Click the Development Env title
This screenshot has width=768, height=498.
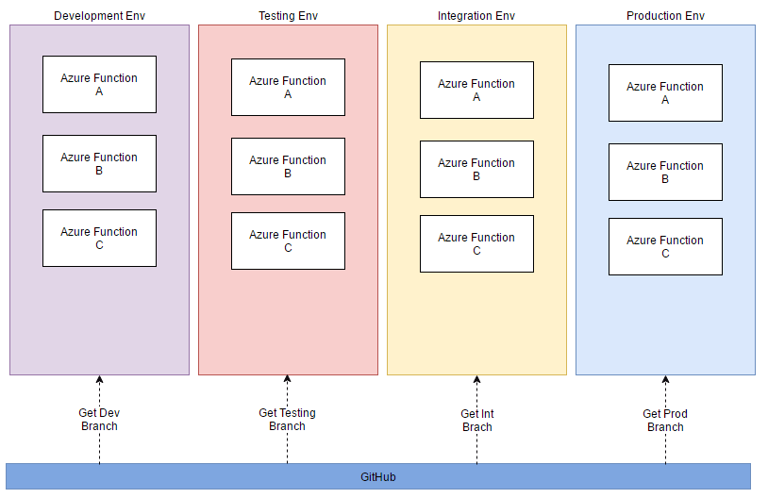point(99,16)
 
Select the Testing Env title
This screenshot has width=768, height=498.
point(288,16)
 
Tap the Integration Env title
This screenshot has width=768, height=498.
point(476,16)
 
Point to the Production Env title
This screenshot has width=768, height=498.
point(665,16)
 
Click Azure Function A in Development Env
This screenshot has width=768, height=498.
point(99,85)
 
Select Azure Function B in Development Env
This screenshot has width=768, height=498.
point(99,164)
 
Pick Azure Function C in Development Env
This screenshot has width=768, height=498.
point(99,239)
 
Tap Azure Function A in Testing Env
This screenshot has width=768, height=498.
point(288,88)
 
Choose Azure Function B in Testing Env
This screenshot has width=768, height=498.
point(288,167)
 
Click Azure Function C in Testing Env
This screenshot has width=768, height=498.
point(288,241)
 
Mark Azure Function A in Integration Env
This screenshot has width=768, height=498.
point(476,91)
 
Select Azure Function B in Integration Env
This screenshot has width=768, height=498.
point(476,170)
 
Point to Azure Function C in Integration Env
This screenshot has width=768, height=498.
point(476,244)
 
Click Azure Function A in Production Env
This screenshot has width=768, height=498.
point(665,93)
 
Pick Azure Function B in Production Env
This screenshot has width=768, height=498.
point(665,173)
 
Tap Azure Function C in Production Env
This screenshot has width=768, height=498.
point(665,247)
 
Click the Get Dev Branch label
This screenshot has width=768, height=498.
point(99,420)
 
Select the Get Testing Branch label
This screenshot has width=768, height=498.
point(287,420)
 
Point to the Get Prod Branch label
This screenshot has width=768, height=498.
point(665,421)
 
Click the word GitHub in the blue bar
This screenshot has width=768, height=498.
point(378,477)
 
